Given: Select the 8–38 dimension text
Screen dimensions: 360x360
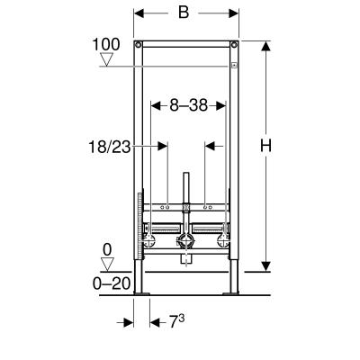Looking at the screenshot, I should coord(186,104).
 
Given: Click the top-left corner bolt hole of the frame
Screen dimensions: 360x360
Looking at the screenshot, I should coord(138,45).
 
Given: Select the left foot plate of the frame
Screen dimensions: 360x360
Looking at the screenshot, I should coord(139,292).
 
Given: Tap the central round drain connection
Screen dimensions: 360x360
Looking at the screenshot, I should coord(186,241).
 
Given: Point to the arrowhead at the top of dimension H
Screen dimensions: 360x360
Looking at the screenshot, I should coord(265,46).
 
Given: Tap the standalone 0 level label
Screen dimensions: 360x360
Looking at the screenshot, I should coord(107,250).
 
